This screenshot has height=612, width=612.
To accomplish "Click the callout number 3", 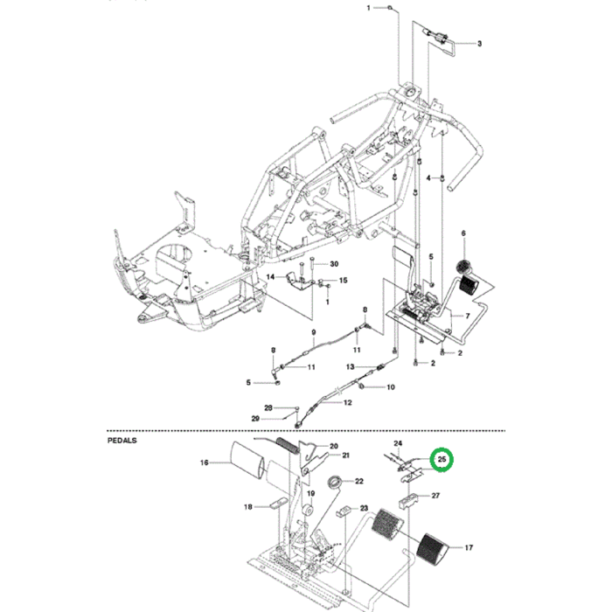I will click(x=479, y=43).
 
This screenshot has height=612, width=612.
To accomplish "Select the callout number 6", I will click(x=463, y=233).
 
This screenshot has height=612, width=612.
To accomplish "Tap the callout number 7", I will click(x=467, y=316).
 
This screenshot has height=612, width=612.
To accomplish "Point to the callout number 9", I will click(x=313, y=333).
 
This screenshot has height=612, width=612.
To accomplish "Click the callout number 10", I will click(x=390, y=386).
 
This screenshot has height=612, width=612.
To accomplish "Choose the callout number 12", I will click(x=347, y=403).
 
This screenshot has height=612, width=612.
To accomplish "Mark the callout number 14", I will click(x=271, y=277).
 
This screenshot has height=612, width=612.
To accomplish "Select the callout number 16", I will click(x=204, y=462).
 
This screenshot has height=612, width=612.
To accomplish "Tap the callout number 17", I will click(x=469, y=548).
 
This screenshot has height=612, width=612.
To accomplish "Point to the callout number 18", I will click(x=247, y=507).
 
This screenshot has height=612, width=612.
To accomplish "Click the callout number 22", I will click(x=359, y=481).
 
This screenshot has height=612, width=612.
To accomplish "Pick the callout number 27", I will click(x=435, y=496).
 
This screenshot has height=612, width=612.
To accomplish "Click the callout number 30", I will click(x=333, y=263).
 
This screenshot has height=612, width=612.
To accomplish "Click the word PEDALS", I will click(x=122, y=442).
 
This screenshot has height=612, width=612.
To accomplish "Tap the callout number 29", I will click(x=255, y=419).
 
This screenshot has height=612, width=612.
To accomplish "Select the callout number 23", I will click(x=364, y=509).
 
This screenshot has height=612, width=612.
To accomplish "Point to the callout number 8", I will click(x=273, y=351).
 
